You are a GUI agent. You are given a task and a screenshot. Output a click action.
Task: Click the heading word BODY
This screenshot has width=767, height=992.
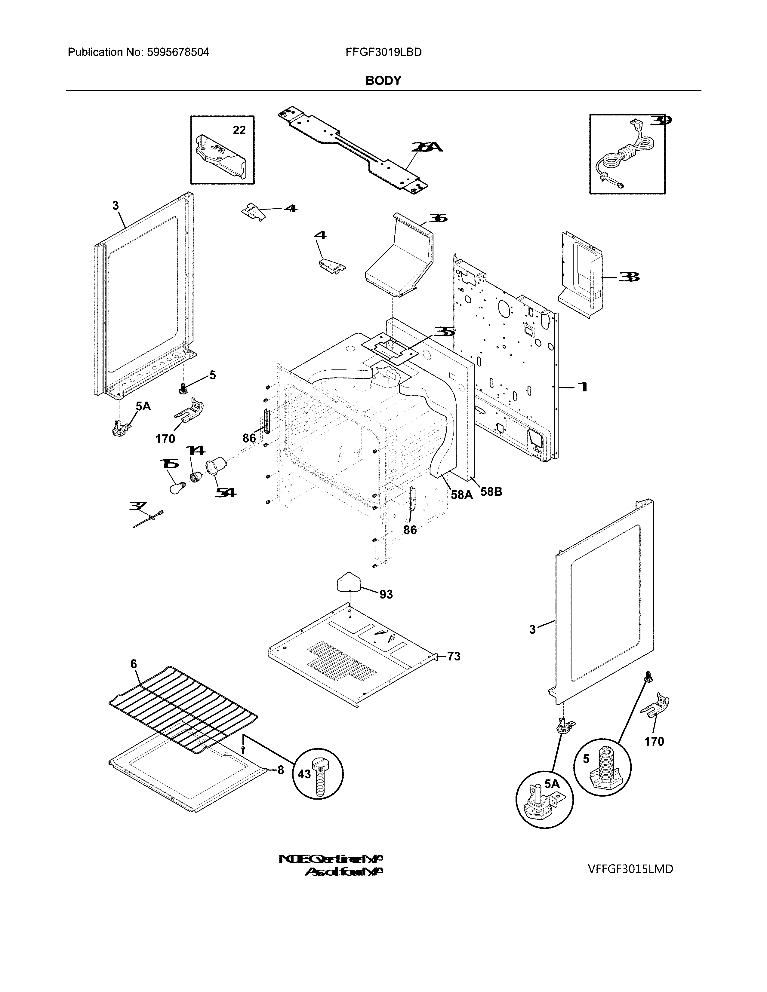pos(383,81)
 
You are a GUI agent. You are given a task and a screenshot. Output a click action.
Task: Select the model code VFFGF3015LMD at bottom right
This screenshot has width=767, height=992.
pos(630,869)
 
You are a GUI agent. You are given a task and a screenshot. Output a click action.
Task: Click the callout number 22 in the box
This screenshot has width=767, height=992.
pos(239,130)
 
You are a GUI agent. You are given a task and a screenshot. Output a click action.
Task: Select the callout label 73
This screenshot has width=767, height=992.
pos(454,656)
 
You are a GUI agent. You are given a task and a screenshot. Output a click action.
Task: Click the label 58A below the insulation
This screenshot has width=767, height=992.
pos(462,494)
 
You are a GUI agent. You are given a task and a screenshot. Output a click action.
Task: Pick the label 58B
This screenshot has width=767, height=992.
pos(491,492)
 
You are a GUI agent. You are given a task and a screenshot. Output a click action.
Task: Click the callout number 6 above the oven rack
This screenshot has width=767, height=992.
pos(133,664)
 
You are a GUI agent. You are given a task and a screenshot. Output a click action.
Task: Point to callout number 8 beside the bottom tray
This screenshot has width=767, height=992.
pos(280,770)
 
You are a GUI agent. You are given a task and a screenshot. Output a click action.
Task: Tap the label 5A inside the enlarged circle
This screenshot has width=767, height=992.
pos(552,783)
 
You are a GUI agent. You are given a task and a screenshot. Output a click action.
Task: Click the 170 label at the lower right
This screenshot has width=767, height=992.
pos(654,742)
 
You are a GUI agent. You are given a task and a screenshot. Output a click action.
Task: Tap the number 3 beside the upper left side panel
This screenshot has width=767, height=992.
pos(116,206)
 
